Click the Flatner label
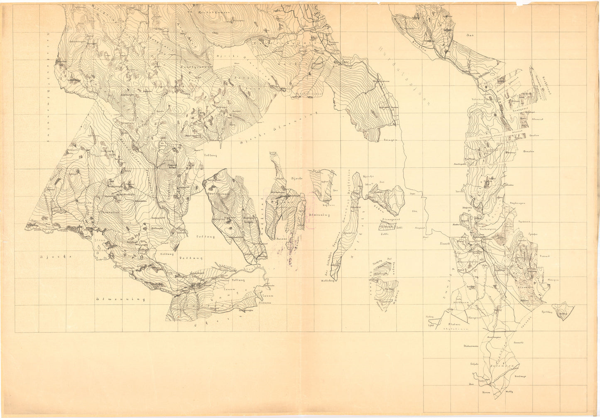(455, 323)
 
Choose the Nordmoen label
(462, 302)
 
